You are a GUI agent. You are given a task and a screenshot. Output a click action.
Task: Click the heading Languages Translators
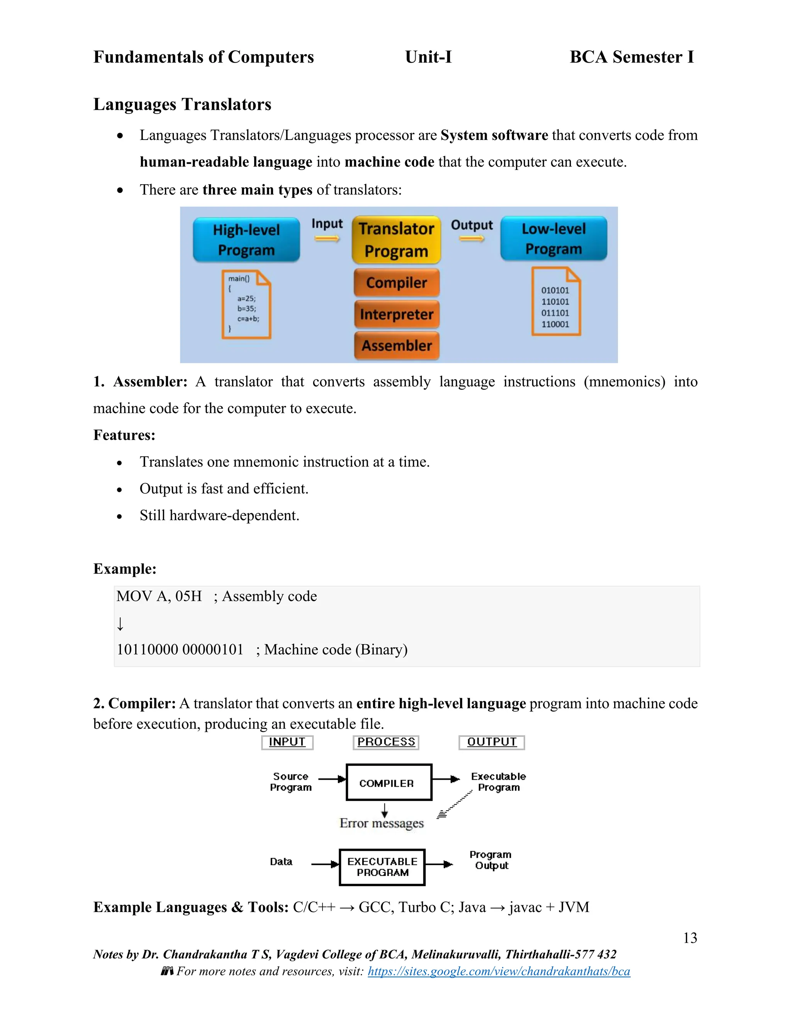coord(182,104)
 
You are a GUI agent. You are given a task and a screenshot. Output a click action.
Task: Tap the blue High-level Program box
coord(246,240)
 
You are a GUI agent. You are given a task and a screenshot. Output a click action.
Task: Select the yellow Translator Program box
coord(396,240)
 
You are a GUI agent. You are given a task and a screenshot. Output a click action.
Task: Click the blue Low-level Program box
coord(553,239)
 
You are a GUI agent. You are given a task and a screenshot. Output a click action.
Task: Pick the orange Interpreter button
coord(396,314)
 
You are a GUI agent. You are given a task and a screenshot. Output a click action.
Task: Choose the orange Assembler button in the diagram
coord(396,345)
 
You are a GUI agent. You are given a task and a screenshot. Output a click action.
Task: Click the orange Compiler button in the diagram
coord(396,283)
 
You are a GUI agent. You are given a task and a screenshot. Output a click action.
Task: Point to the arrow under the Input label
coord(327,239)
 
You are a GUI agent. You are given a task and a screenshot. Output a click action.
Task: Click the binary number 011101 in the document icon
coord(555,313)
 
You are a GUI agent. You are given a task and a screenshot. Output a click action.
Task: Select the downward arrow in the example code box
coord(121,624)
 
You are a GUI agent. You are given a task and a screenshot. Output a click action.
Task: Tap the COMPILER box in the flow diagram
coord(389,782)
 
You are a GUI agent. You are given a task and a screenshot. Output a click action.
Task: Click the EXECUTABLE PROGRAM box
coord(382,867)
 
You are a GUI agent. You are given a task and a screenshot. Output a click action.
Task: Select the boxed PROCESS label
coord(386,742)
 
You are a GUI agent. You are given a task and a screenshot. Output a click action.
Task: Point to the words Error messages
coord(382,823)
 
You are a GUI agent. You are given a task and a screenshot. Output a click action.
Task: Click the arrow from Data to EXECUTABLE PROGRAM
coord(325,864)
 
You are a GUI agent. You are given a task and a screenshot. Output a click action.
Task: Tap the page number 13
coord(690,938)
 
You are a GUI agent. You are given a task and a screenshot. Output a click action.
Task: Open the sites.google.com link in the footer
coord(499,971)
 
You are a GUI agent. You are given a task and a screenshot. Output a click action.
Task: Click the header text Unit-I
coord(428,57)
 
